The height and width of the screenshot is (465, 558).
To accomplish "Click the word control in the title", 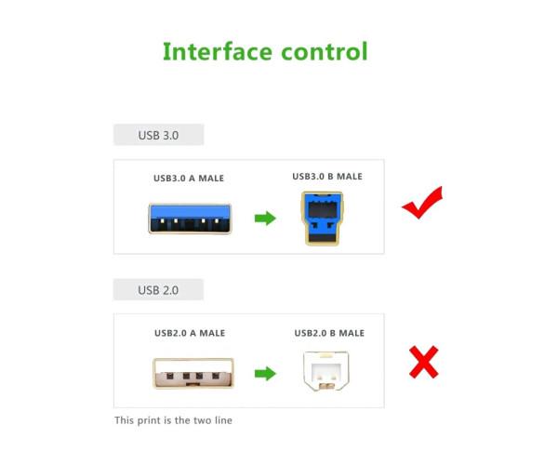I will pos(320,51).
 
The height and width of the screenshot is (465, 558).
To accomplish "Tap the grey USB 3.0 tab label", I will pos(158,135).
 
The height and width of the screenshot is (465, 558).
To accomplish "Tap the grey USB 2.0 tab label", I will pos(158,289).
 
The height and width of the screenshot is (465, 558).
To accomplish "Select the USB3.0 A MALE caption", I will pos(189,178).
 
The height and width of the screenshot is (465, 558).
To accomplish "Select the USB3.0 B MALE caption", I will pos(327,177).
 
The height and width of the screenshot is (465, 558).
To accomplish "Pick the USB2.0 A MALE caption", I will pos(189,333).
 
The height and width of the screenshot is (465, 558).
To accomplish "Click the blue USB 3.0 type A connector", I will pos(189,219).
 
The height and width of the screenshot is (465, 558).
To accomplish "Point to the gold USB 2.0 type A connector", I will pos(190,373).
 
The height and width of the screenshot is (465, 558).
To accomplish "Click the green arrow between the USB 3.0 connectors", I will pos(266,219).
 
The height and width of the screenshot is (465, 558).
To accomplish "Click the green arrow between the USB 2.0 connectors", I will pos(266,373).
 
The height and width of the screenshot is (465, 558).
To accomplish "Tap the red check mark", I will pos(422,203).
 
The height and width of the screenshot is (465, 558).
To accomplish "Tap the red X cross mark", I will pos(423,361).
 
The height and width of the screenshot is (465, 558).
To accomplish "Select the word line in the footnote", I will pos(222,420).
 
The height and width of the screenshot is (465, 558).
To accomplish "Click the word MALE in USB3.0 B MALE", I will pos(349,177).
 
